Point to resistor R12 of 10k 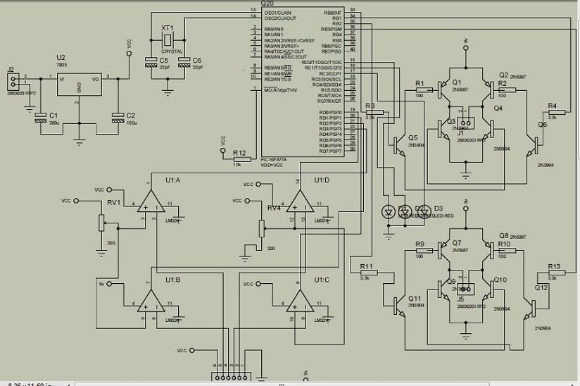pyautogui.click(x=239, y=160)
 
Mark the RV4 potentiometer pyautogui.click(x=261, y=228)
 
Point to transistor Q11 pyautogui.click(x=398, y=304)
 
